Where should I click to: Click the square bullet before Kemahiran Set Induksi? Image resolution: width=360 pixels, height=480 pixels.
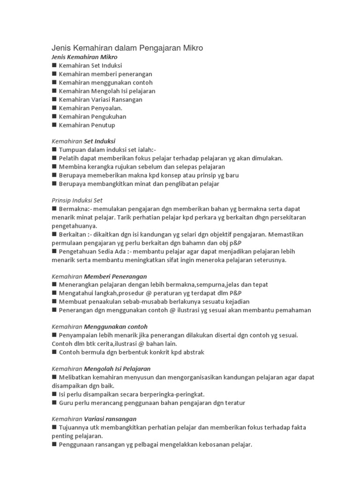tap(54, 66)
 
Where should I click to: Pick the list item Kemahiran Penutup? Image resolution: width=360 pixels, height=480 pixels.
tap(87, 125)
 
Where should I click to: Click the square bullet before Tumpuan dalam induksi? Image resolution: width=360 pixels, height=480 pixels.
tap(54, 150)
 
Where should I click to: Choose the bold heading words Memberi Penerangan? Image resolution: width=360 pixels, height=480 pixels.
tap(115, 277)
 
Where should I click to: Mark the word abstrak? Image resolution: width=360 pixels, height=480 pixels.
tap(193, 352)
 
